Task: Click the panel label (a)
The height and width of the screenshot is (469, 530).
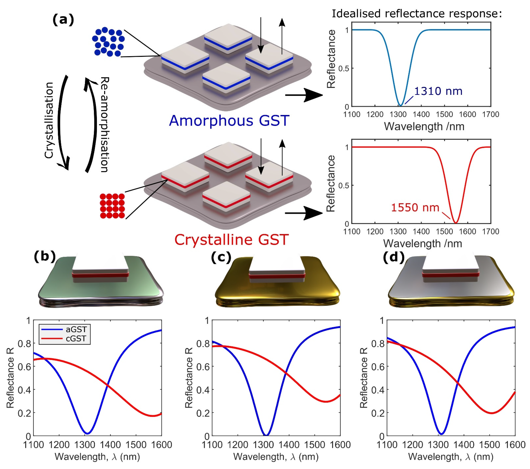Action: (x=63, y=20)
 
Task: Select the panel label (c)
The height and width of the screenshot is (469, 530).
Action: (x=221, y=258)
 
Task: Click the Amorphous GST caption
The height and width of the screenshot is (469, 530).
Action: (x=229, y=121)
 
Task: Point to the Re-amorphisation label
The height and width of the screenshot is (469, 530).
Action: (x=105, y=124)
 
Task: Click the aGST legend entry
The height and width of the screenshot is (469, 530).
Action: (x=76, y=329)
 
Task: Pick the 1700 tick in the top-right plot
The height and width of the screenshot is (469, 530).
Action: (x=491, y=114)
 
